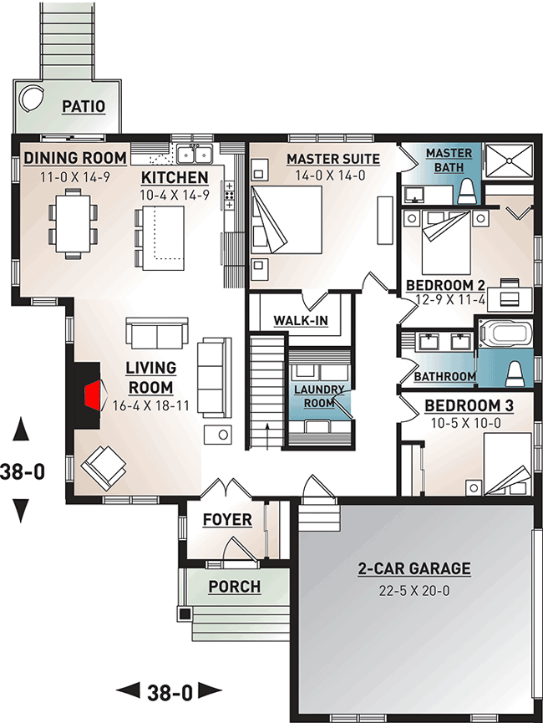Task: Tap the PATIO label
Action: pos(84,106)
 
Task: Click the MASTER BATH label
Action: pos(449,159)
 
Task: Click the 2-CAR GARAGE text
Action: pos(414,569)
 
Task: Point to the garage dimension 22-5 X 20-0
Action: pos(414,590)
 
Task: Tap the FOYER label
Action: pos(226,520)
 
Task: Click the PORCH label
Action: pos(235,587)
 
